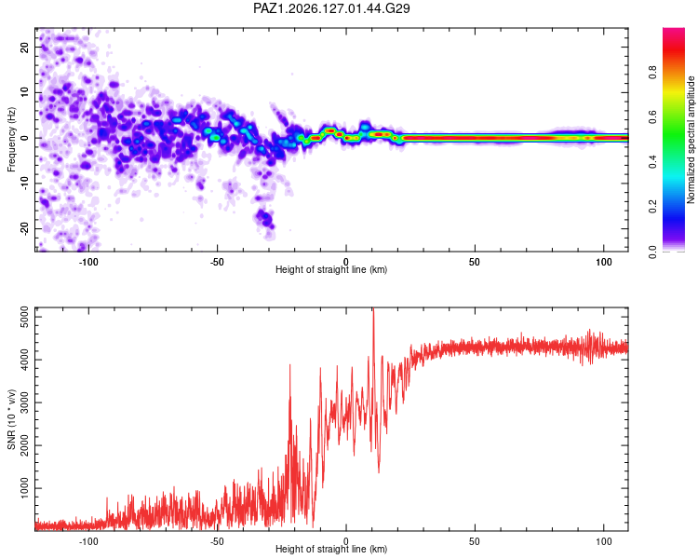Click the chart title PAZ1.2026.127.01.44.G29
point(331,8)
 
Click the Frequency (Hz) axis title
point(11,140)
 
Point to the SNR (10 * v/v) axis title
point(11,419)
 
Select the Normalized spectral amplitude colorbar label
point(691,140)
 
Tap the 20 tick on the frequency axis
point(24,47)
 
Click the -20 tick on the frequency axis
point(24,228)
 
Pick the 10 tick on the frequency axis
point(24,92)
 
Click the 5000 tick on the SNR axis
point(24,317)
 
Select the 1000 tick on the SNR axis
point(24,488)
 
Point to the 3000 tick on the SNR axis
point(24,402)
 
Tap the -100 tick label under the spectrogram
point(88,262)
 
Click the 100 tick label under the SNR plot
point(604,541)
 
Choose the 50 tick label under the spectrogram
point(475,262)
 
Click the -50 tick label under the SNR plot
point(217,541)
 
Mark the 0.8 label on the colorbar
point(652,72)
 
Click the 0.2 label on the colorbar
point(652,207)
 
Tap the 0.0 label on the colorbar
point(652,252)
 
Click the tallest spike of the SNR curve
point(373,308)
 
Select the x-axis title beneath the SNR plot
point(331,549)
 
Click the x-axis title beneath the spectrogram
point(331,269)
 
